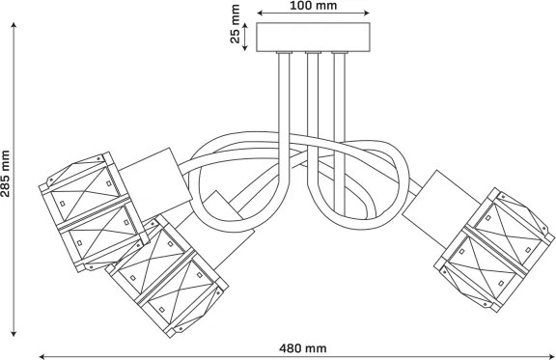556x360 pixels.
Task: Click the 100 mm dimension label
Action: coord(314,6)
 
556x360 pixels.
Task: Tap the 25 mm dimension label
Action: coord(236,24)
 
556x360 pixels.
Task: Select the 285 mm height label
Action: coord(6,174)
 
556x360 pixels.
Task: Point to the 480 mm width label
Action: coord(302,348)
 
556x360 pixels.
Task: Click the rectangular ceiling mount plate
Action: coord(313,38)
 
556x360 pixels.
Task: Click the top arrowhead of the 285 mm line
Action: coord(14,25)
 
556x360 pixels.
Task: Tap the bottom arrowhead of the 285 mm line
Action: coord(14,333)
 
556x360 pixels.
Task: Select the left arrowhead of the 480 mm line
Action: coord(42,356)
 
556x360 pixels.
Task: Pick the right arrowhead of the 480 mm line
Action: coord(552,356)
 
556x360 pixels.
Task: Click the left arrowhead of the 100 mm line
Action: coord(260,14)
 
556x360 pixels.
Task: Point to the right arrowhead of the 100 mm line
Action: coord(366,14)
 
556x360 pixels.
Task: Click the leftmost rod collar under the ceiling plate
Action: coord(285,53)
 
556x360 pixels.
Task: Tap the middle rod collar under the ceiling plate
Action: coord(313,53)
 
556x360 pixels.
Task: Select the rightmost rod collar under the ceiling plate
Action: coord(340,53)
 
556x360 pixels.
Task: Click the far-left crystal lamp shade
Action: coord(94,211)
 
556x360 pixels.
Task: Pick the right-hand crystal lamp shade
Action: coord(494,250)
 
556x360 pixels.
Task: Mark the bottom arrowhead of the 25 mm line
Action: coord(245,47)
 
